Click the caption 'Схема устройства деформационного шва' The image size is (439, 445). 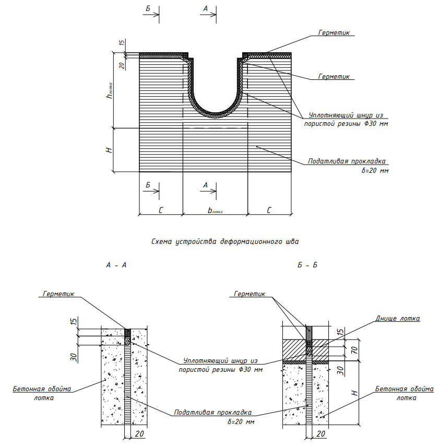pyautogui.click(x=227, y=242)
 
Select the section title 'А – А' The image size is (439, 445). pyautogui.click(x=116, y=265)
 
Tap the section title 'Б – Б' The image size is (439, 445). pyautogui.click(x=307, y=265)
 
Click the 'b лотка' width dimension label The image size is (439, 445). pyautogui.click(x=215, y=210)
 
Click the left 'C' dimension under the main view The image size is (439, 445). pyautogui.click(x=161, y=210)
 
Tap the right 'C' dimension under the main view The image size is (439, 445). pyautogui.click(x=269, y=210)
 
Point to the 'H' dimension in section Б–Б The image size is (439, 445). pyautogui.click(x=354, y=392)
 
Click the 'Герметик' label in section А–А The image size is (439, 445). pyautogui.click(x=58, y=294)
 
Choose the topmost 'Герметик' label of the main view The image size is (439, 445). pyautogui.click(x=335, y=32)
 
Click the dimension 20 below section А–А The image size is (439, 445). pyautogui.click(x=139, y=434)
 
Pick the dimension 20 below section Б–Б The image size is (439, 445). pyautogui.click(x=322, y=434)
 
